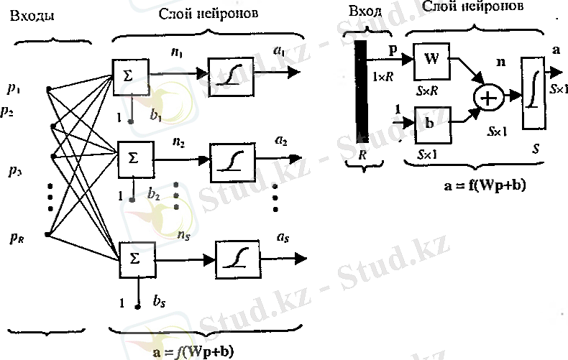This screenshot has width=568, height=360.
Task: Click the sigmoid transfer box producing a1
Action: coord(229,73)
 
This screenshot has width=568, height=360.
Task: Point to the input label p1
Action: coord(14,88)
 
